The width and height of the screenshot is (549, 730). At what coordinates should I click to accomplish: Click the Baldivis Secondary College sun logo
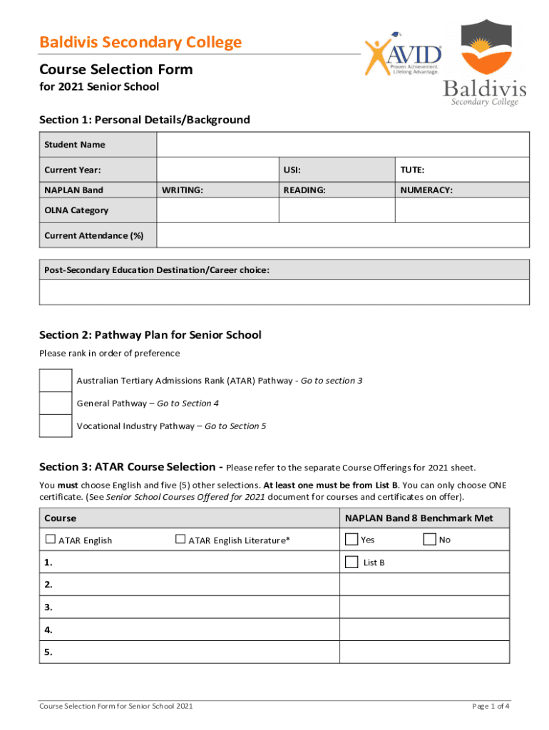click(484, 49)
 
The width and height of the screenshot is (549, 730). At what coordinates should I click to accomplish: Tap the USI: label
click(292, 170)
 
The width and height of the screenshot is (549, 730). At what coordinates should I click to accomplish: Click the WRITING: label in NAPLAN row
click(182, 190)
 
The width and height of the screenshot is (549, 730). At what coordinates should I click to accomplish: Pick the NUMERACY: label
click(426, 190)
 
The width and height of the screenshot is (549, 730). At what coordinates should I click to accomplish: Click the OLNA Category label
click(76, 210)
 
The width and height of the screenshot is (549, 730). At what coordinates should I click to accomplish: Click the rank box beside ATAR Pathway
click(56, 381)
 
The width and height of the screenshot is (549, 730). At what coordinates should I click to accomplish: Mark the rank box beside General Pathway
click(56, 403)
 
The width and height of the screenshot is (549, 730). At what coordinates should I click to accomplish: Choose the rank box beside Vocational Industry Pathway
click(56, 426)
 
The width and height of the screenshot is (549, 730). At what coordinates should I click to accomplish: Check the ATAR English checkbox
click(50, 540)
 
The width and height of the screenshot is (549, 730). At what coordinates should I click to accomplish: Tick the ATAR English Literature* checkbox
click(180, 540)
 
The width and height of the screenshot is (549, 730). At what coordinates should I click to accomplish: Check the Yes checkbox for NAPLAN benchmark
click(352, 540)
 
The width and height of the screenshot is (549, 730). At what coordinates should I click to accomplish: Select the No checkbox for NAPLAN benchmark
click(429, 540)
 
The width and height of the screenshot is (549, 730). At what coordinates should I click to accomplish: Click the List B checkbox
click(352, 562)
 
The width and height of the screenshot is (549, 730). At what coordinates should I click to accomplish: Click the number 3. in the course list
click(48, 607)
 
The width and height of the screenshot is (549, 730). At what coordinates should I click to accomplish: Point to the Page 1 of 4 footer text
click(491, 706)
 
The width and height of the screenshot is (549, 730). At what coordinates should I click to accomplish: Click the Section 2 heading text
click(150, 335)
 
